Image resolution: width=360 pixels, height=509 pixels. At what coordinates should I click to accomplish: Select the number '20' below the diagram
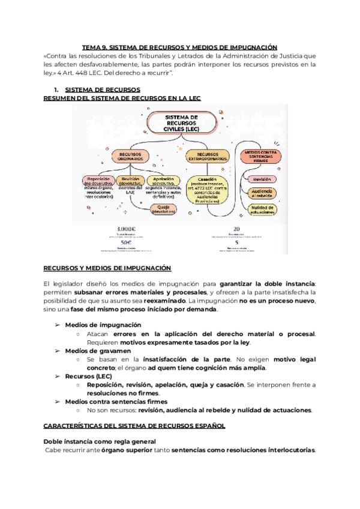click(236, 229)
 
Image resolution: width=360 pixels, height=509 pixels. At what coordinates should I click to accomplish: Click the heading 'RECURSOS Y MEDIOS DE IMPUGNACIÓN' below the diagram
click(107, 268)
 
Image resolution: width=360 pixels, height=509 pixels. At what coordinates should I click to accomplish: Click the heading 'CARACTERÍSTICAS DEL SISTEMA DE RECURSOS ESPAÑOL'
click(134, 426)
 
